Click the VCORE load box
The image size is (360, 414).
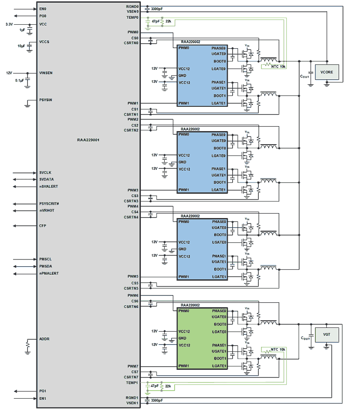pyautogui.click(x=327, y=72)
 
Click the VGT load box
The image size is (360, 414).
pyautogui.click(x=327, y=335)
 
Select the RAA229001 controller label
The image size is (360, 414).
pyautogui.click(x=88, y=140)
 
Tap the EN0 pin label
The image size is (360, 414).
pyautogui.click(x=43, y=9)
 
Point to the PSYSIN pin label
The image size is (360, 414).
pyautogui.click(x=45, y=100)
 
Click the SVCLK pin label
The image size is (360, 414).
pyautogui.click(x=45, y=173)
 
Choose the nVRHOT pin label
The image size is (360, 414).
pyautogui.click(x=46, y=210)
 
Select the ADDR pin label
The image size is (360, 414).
pyautogui.click(x=44, y=339)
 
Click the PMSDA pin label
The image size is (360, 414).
pyautogui.click(x=46, y=266)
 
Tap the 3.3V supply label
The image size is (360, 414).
pyautogui.click(x=9, y=24)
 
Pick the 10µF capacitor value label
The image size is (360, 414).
pyautogui.click(x=21, y=46)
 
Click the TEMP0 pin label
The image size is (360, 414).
pyautogui.click(x=132, y=17)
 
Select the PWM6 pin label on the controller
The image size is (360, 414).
pyautogui.click(x=133, y=295)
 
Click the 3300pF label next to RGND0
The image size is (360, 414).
pyautogui.click(x=157, y=9)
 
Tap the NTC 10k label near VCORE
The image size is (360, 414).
pyautogui.click(x=279, y=66)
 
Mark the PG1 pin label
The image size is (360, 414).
pyautogui.click(x=43, y=391)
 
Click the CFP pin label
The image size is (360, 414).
pyautogui.click(x=43, y=225)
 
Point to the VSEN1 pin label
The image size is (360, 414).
pyautogui.click(x=132, y=403)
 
